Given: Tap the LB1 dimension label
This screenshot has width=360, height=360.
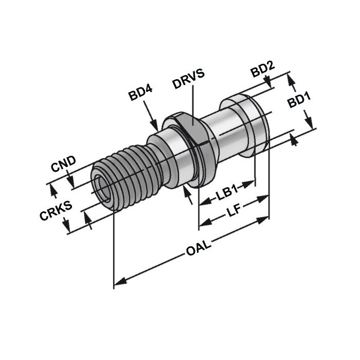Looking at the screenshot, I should pyautogui.click(x=224, y=194).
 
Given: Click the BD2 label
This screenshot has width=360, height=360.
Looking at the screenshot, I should pyautogui.click(x=262, y=70).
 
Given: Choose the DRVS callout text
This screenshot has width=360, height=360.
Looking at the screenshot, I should pyautogui.click(x=189, y=72).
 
